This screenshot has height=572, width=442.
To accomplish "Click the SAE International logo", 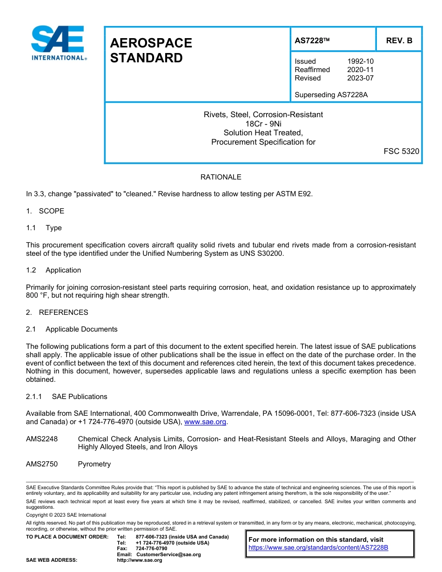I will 58,43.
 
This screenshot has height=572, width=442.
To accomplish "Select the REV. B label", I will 399,40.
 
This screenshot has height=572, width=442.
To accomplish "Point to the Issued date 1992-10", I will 360,61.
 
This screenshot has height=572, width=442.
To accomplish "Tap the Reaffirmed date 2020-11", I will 360,70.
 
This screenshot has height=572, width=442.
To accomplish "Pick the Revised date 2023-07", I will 360,78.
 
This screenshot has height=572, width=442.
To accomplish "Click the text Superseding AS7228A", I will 331,95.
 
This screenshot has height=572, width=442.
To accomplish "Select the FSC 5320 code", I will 401,151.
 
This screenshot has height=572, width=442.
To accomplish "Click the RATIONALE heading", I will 221,177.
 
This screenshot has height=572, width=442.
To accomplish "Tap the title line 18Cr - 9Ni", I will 263,124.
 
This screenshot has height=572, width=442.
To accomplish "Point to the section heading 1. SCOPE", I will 45,211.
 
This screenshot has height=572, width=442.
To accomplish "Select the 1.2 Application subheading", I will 54,270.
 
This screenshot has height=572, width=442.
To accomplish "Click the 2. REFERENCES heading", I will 57,313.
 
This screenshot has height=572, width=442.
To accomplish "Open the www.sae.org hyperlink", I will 205,422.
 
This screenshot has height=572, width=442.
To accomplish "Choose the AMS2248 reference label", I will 42,439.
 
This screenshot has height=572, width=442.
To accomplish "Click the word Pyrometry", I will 94,464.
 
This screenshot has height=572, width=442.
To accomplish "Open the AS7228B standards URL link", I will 318,548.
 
